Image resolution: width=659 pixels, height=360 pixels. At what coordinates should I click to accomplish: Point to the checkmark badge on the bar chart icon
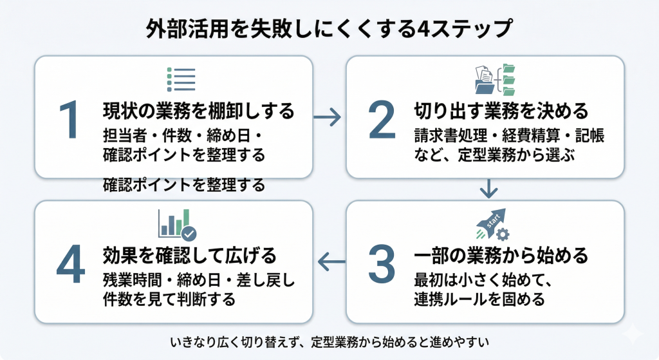click(x=189, y=232)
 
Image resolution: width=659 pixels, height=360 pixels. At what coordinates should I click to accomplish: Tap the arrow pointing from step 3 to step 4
click(x=332, y=261)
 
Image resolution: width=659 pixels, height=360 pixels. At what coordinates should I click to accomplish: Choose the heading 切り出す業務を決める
click(x=501, y=111)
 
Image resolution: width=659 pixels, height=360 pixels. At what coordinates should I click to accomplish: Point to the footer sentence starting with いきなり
click(x=330, y=339)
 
